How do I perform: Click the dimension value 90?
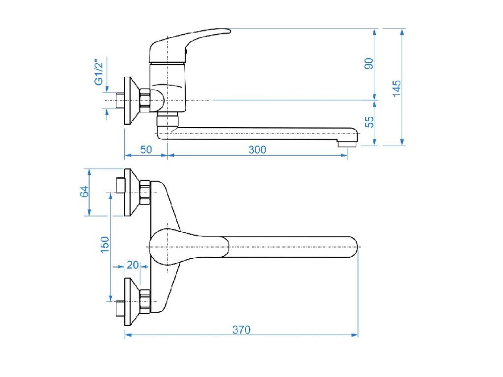[369, 63]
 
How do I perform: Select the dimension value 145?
[397, 88]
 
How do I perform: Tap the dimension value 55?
[369, 122]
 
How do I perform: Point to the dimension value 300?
[257, 150]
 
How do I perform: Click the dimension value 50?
[146, 150]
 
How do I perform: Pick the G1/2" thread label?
[99, 72]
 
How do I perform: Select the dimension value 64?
[84, 192]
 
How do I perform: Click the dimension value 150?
[105, 244]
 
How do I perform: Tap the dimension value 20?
[133, 265]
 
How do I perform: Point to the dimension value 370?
[241, 330]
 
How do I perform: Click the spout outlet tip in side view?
[348, 143]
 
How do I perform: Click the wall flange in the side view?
[130, 101]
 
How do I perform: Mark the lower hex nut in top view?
[145, 301]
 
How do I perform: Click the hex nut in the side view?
[145, 100]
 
